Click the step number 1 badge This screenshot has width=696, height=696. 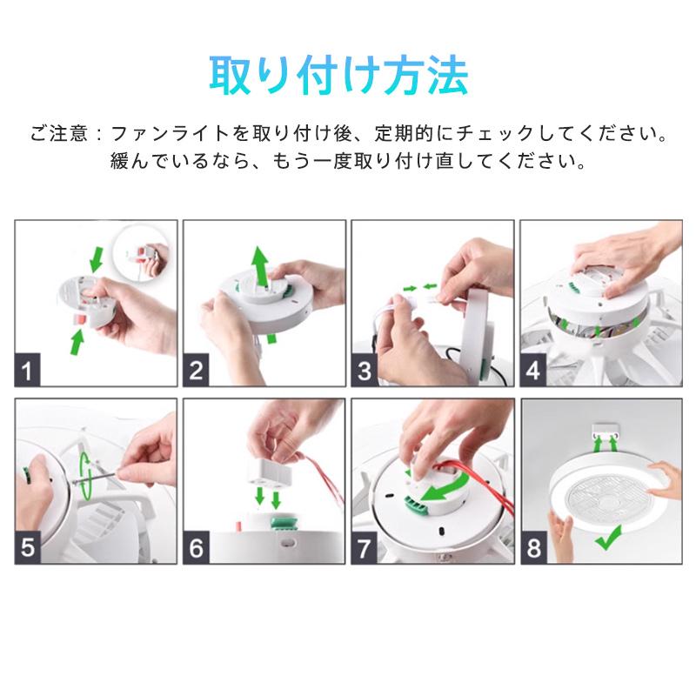(28, 371)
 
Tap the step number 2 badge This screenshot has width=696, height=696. (196, 371)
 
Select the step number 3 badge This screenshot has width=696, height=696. (365, 371)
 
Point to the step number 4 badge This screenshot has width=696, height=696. (533, 371)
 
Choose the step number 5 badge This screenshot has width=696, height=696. (28, 547)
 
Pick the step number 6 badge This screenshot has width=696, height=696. (196, 547)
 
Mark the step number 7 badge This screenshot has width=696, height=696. (365, 547)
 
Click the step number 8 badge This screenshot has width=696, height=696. (533, 547)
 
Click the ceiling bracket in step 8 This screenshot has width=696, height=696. (606, 430)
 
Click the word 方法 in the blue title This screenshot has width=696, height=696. (426, 76)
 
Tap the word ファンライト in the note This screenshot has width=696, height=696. (170, 133)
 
